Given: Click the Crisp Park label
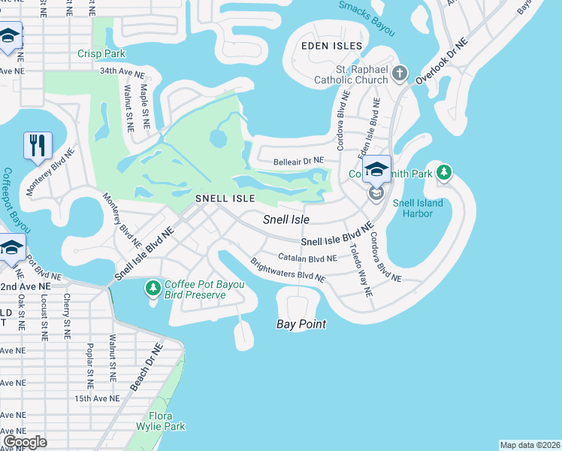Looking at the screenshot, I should point(101,53).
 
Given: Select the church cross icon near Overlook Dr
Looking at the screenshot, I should point(400,74).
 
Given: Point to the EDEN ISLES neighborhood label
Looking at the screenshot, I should point(331,47).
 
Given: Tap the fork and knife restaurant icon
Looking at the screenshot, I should point(37,144).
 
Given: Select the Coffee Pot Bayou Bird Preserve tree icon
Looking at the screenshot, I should point(153,288).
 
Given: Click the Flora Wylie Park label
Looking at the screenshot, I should point(161,421).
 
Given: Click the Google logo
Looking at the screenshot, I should point(25,441).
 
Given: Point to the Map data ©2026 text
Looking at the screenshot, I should point(530,445).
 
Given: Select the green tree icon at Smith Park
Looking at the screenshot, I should point(444,173).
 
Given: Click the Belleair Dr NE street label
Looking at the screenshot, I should point(298,161).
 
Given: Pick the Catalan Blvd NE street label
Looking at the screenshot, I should point(307,258).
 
